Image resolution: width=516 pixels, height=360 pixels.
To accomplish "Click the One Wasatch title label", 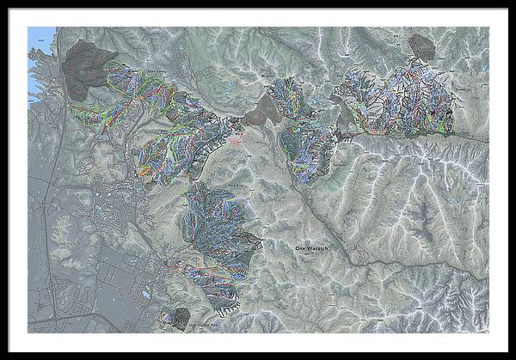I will [x=311, y=248].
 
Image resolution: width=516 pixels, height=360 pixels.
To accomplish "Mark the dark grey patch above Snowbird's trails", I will [x=421, y=46].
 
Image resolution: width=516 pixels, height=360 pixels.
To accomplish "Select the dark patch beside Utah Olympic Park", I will [x=181, y=316].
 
